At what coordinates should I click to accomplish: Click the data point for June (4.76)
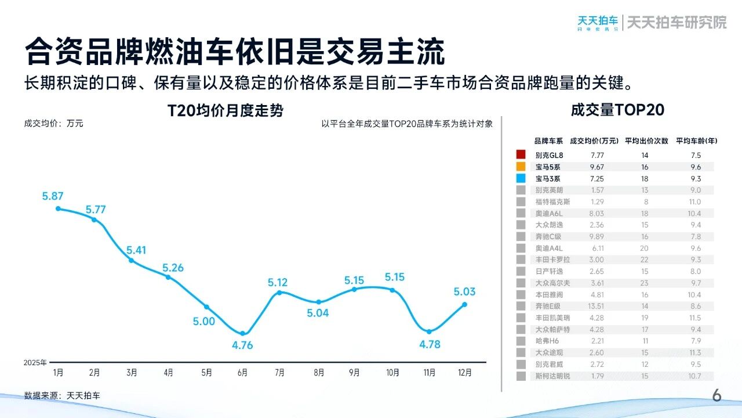(x=243, y=334)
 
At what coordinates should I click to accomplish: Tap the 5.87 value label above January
(x=53, y=196)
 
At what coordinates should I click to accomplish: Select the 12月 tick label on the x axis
(x=464, y=373)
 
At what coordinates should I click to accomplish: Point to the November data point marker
(x=429, y=331)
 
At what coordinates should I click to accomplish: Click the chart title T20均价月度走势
(x=225, y=110)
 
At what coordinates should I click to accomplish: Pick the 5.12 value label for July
(x=278, y=283)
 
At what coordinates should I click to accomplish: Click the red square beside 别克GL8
(x=521, y=155)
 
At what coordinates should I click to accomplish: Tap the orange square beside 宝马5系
(x=521, y=167)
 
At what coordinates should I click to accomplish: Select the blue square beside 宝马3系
(x=521, y=178)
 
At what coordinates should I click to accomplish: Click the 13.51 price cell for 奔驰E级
(x=596, y=306)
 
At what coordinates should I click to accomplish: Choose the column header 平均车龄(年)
(x=696, y=141)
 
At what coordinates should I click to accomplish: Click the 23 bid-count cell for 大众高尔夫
(x=645, y=283)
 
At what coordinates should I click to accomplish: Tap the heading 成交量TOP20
(x=617, y=110)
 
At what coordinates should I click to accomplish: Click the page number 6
(x=716, y=396)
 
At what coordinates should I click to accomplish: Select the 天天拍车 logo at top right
(x=598, y=22)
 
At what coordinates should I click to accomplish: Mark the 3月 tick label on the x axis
(x=132, y=373)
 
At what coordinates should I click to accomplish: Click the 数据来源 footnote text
(x=62, y=395)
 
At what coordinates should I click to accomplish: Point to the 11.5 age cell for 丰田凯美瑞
(x=696, y=318)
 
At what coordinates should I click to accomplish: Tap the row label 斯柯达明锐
(x=552, y=376)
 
